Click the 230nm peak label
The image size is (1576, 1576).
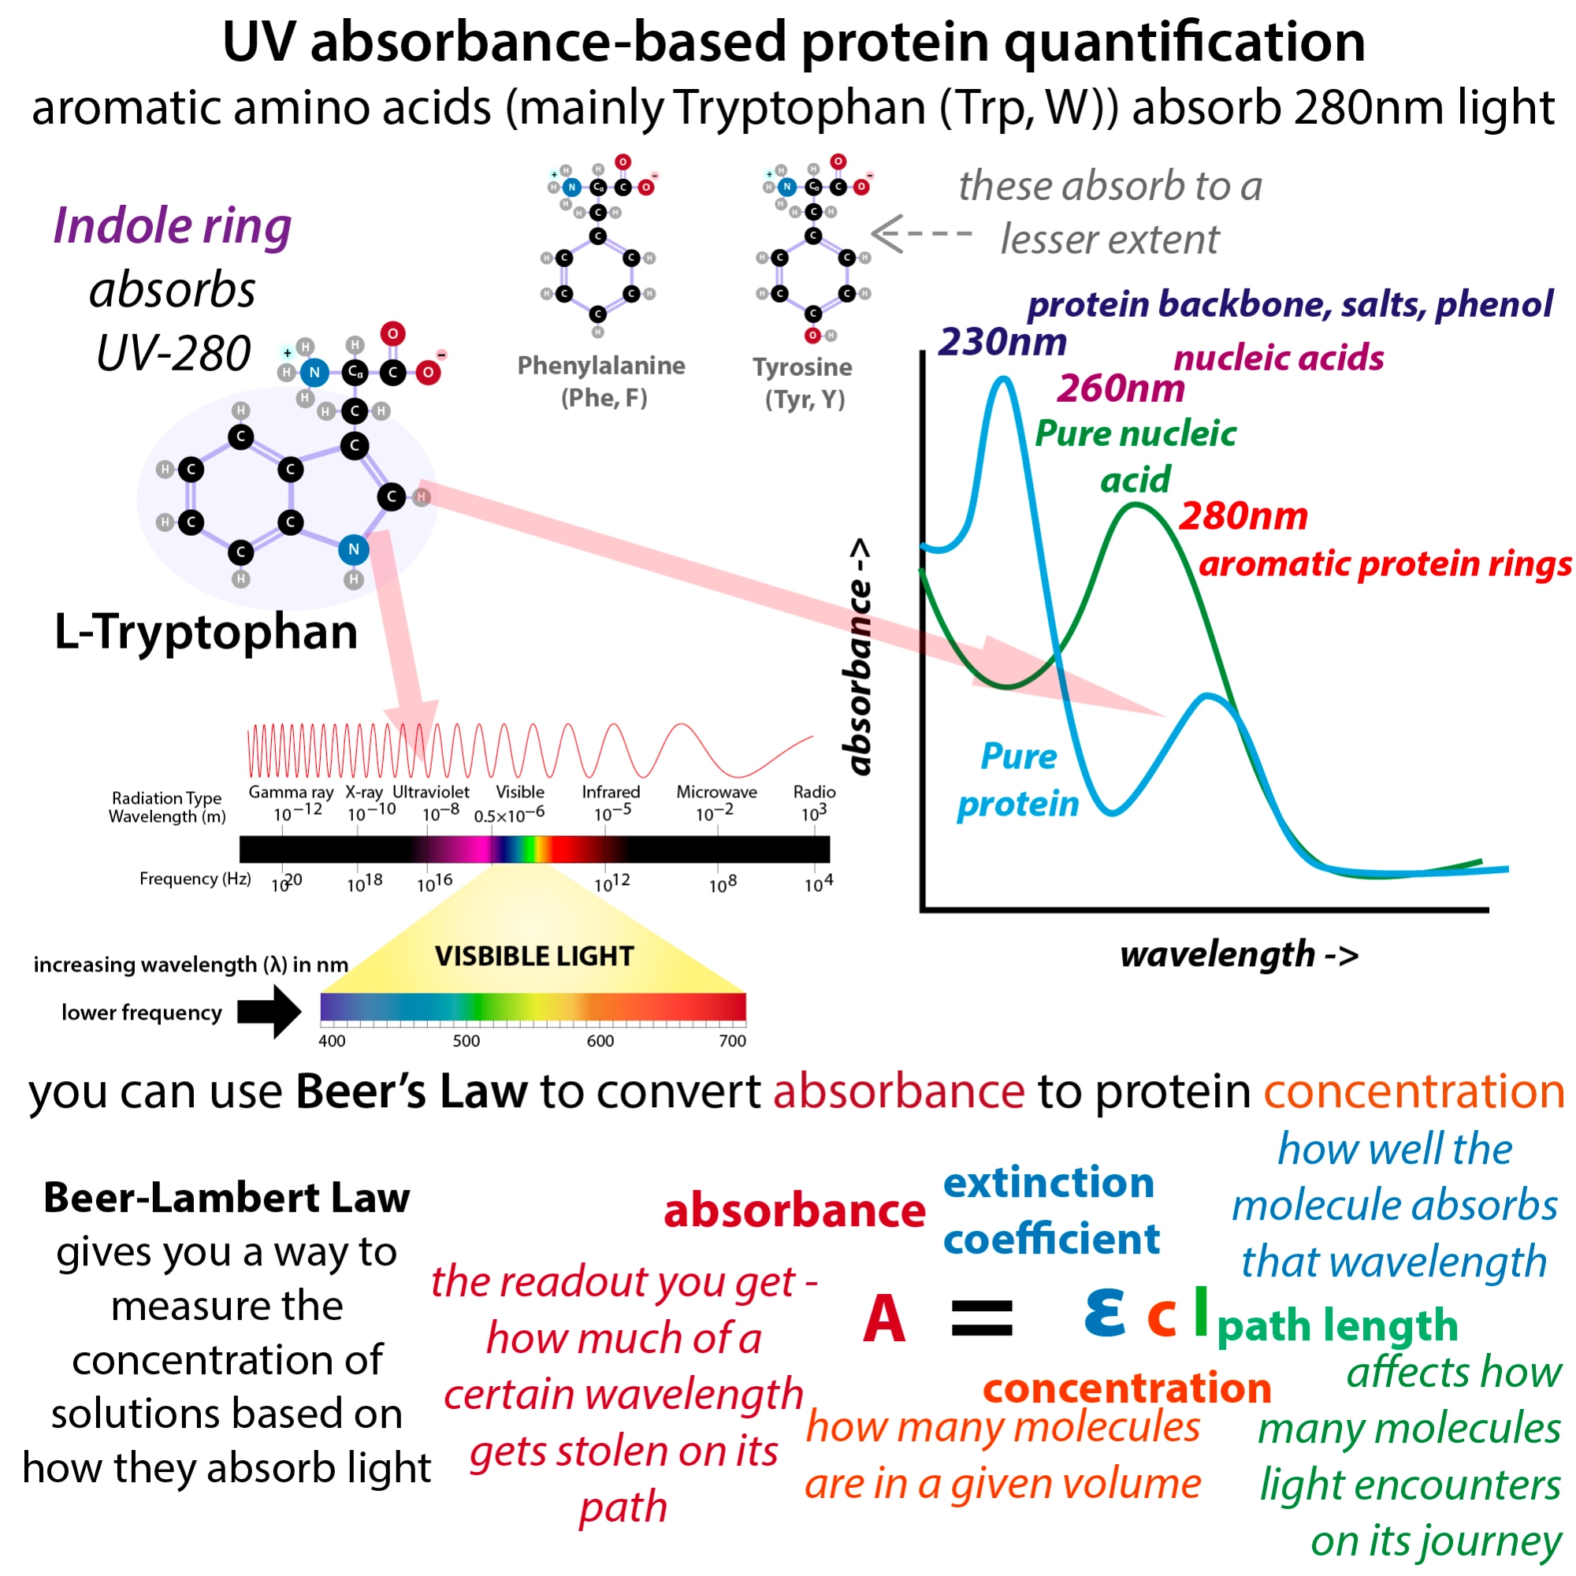click(1002, 342)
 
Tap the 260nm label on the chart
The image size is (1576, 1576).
click(1121, 388)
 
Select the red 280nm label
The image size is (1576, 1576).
click(1243, 515)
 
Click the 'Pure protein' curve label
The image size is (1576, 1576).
click(1017, 780)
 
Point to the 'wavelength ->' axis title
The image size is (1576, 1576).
click(1239, 954)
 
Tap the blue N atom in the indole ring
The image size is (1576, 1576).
click(353, 549)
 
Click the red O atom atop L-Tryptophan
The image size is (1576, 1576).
click(392, 333)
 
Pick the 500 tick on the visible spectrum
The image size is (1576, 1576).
click(466, 1041)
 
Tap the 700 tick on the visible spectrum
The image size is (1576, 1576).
click(732, 1041)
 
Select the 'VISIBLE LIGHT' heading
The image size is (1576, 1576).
click(534, 956)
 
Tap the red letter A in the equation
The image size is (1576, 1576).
click(884, 1319)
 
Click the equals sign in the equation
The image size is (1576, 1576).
click(982, 1319)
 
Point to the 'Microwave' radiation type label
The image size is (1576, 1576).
click(716, 792)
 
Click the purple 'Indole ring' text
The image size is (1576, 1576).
click(172, 226)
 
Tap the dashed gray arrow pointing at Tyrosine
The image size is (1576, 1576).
click(922, 233)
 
